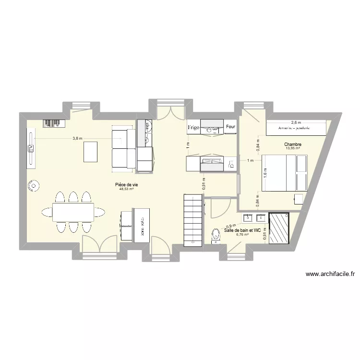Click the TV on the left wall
click(32, 148)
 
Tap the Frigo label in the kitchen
click(193, 127)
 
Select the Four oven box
click(231, 127)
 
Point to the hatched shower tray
click(279, 228)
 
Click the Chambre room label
click(292, 144)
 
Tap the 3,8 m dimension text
click(77, 138)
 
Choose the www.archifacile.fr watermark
click(330, 275)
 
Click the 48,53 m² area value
click(126, 189)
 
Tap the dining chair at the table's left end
click(47, 211)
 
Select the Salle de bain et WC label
click(242, 230)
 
